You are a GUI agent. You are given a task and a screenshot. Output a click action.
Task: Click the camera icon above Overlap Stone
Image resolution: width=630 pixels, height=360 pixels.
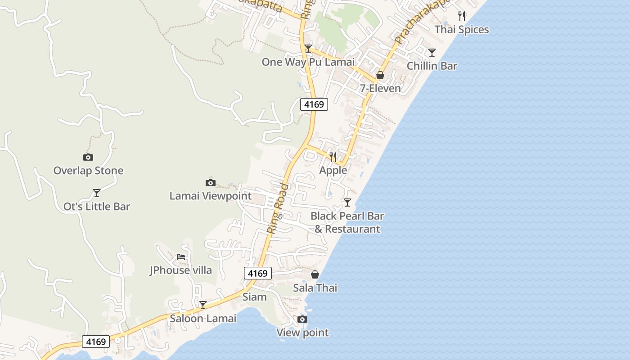(x=88, y=157)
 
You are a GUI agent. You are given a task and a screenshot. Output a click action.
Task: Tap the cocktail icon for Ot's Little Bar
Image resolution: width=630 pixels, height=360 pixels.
(x=97, y=193)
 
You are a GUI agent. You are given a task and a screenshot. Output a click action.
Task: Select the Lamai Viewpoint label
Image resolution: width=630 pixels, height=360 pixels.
(x=211, y=196)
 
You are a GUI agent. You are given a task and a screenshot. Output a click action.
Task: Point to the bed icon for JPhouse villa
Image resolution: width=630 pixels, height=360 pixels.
(x=181, y=257)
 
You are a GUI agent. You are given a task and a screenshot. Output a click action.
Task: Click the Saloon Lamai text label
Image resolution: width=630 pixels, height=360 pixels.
(x=203, y=319)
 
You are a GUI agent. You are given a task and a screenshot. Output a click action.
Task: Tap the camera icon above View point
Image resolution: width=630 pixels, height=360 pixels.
(x=302, y=319)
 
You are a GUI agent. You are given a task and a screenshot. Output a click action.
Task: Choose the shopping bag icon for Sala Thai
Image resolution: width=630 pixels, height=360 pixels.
(x=315, y=274)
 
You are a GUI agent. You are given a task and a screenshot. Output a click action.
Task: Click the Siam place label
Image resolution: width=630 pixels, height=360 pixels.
(x=255, y=297)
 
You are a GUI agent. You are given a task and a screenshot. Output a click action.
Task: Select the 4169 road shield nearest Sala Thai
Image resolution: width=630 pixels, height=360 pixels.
(x=258, y=273)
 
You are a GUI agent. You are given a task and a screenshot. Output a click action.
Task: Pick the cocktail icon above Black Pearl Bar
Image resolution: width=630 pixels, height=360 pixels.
(x=347, y=202)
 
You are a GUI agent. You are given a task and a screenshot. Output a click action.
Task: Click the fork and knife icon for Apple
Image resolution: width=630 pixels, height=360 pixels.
(x=333, y=157)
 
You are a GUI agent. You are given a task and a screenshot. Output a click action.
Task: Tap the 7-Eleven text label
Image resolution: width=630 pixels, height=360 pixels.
(x=380, y=88)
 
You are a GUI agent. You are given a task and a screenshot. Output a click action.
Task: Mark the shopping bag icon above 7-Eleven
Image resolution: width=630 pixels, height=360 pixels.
(x=380, y=75)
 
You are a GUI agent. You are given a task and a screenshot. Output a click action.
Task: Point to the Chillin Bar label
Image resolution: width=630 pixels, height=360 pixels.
(x=432, y=66)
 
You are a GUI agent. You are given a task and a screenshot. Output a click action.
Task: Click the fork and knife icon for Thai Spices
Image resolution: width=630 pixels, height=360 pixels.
(x=462, y=16)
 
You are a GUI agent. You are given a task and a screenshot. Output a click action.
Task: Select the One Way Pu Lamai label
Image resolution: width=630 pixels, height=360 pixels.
(x=308, y=62)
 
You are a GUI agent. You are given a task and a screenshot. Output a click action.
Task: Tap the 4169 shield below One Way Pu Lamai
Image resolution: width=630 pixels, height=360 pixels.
(x=314, y=104)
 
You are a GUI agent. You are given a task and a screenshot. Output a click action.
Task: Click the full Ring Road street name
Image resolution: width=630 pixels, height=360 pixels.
(x=278, y=208)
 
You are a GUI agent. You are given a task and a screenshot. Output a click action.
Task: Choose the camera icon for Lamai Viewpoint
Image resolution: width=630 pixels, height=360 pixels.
(x=210, y=183)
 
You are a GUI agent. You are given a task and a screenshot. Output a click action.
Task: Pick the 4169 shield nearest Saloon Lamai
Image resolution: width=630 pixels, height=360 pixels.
(x=96, y=342)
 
